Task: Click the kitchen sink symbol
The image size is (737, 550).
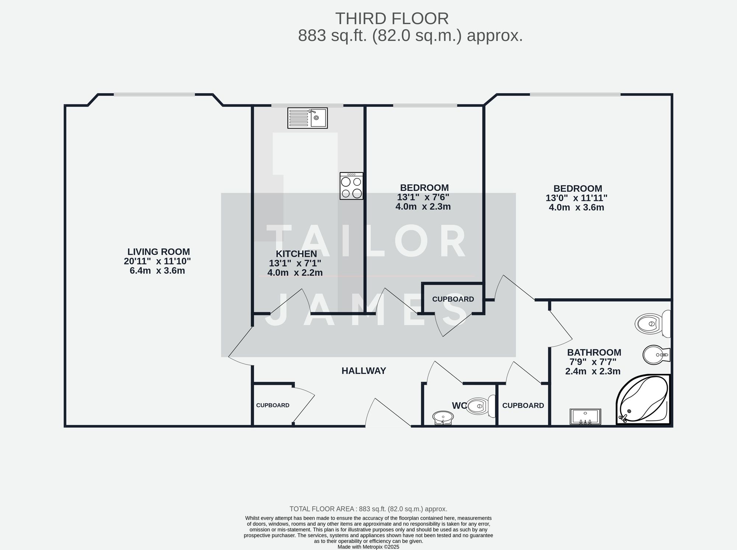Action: (x=307, y=118)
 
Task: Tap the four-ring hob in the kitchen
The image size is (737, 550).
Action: (x=351, y=186)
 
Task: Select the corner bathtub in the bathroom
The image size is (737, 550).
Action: (x=643, y=400)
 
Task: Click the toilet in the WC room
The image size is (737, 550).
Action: (x=481, y=406)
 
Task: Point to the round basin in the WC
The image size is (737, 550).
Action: (x=443, y=418)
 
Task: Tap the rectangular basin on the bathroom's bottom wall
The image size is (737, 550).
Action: (x=585, y=417)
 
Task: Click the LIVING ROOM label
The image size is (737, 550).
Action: (x=158, y=252)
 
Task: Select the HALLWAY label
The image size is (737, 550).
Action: (x=364, y=371)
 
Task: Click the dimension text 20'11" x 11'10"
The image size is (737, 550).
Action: (x=157, y=261)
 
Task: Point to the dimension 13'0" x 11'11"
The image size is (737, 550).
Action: (x=576, y=198)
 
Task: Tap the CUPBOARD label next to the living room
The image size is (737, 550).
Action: (x=273, y=405)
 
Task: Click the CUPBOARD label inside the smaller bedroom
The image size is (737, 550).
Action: (x=453, y=299)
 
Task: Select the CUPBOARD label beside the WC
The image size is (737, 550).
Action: (x=523, y=405)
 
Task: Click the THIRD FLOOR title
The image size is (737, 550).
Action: (x=392, y=18)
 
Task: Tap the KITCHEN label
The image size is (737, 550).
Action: (x=296, y=254)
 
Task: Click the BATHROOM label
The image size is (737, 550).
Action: (x=594, y=352)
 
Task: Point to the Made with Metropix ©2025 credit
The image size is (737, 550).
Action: (x=368, y=547)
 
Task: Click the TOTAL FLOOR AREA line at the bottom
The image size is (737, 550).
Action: (x=368, y=509)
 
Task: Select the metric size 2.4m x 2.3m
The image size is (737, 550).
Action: (x=593, y=372)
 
